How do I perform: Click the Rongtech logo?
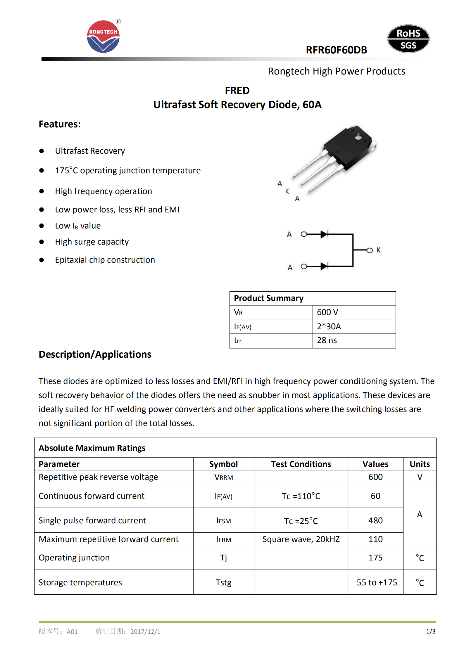click(103, 37)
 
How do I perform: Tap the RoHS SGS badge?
click(408, 39)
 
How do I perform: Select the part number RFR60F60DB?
click(336, 50)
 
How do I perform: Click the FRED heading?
click(237, 91)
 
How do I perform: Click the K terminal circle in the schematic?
click(370, 250)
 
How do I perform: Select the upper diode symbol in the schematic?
click(324, 234)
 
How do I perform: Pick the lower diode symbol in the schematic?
click(324, 266)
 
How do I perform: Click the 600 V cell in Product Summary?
click(354, 312)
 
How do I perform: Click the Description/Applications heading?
click(95, 354)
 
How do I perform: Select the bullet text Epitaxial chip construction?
click(105, 260)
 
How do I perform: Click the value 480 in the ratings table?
click(375, 520)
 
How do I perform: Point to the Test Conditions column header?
click(301, 464)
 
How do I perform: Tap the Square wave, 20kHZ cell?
click(301, 539)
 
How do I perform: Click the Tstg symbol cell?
click(224, 582)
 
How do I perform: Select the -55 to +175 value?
click(375, 582)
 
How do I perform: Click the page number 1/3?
click(431, 631)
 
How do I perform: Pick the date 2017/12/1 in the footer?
click(145, 631)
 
